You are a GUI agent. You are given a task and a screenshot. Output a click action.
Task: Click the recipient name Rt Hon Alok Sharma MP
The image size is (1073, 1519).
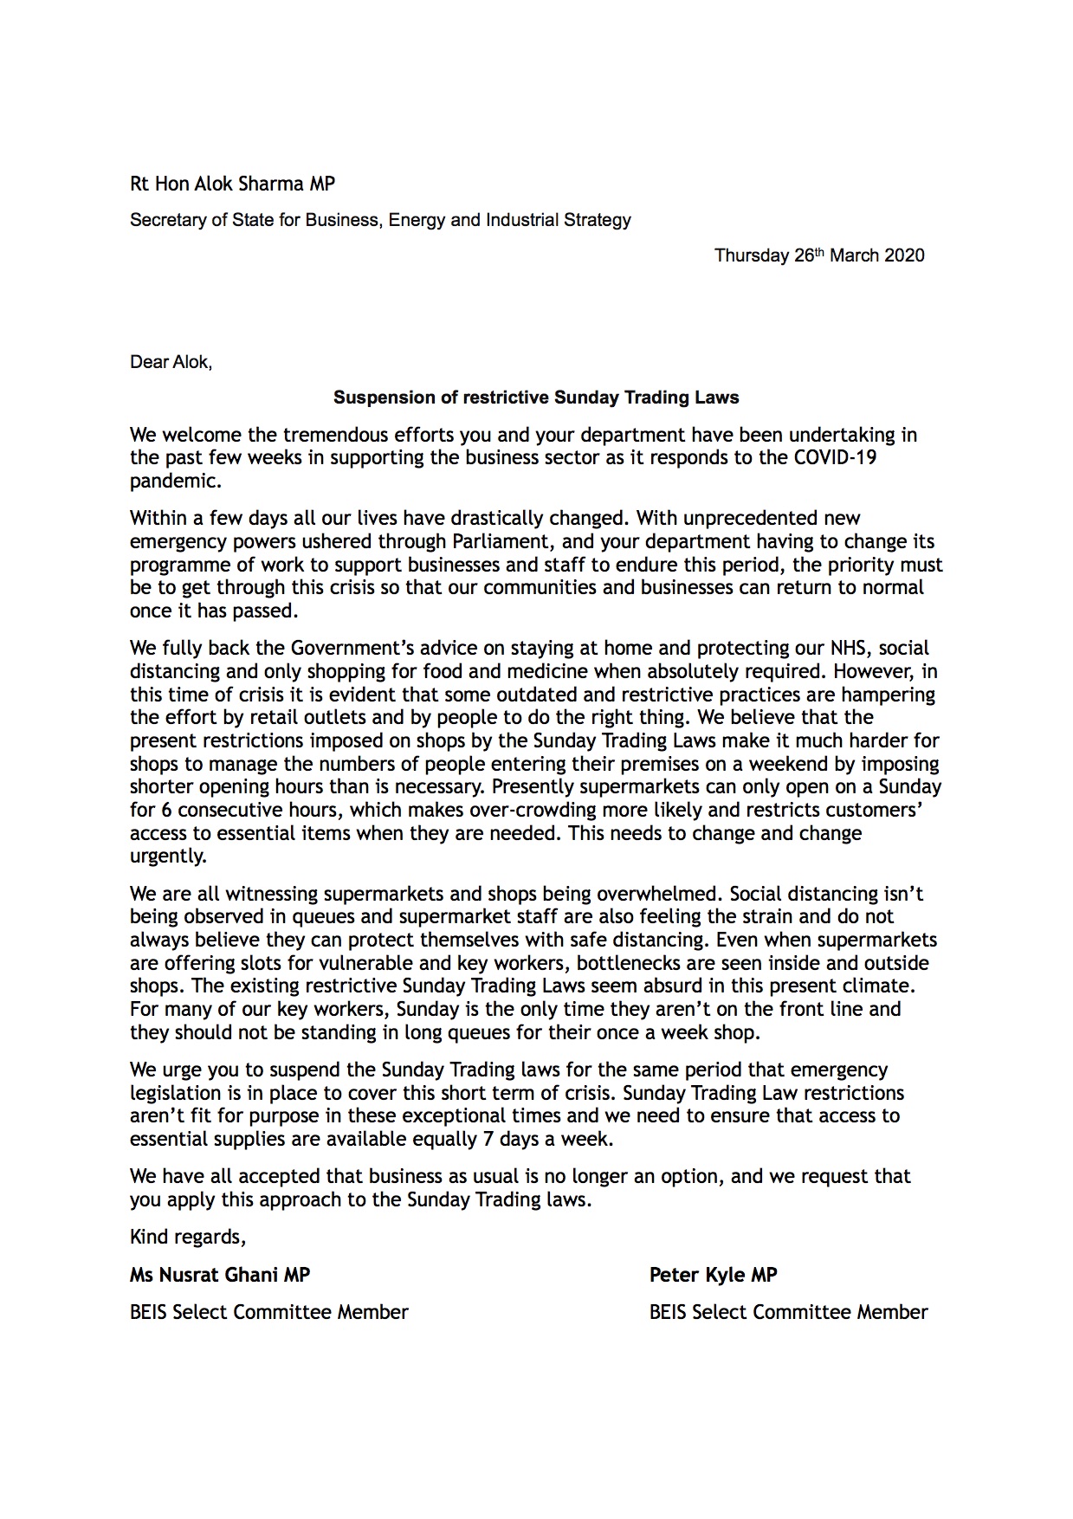[x=232, y=184]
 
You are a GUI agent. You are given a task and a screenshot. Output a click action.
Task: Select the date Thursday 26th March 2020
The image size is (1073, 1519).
[x=818, y=255]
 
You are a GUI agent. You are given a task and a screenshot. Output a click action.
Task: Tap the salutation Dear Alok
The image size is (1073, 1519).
[x=171, y=362]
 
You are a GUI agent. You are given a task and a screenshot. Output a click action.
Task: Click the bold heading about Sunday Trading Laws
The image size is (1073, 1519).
[x=536, y=398]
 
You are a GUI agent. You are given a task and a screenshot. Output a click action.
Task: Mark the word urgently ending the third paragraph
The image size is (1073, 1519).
[x=168, y=856]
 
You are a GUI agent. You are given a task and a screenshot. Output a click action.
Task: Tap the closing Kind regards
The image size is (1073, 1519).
[x=187, y=1238]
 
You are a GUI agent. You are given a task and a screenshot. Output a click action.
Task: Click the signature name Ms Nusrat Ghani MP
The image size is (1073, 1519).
[x=219, y=1275]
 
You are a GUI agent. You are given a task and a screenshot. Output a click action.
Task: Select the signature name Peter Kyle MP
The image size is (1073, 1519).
[x=713, y=1275]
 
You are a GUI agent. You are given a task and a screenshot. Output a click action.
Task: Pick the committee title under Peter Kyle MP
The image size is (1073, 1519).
[x=788, y=1313]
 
